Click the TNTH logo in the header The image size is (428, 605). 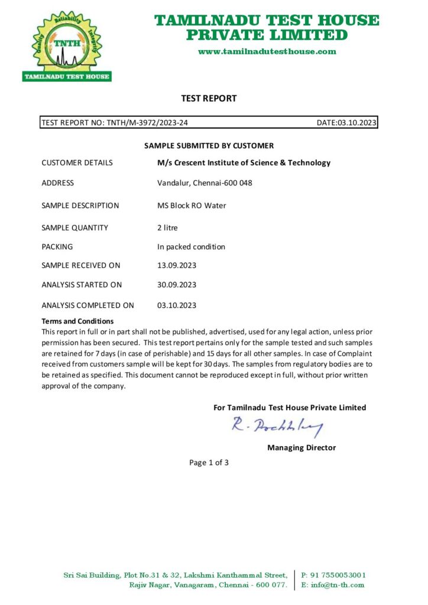point(66,46)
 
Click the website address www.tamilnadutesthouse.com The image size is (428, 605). point(267,51)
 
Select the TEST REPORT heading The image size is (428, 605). point(209,99)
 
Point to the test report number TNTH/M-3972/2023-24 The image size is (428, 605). point(148,123)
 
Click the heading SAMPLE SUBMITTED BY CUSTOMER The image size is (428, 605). point(209,145)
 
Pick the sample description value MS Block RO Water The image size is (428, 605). point(192,206)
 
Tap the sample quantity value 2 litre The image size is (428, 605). point(167,227)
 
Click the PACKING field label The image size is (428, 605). point(57,247)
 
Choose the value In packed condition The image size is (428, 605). point(191,247)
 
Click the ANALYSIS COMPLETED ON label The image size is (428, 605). point(87,305)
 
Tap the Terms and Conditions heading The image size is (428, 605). point(77,321)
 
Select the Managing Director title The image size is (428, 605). point(301,448)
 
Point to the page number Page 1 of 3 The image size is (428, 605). point(209,463)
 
